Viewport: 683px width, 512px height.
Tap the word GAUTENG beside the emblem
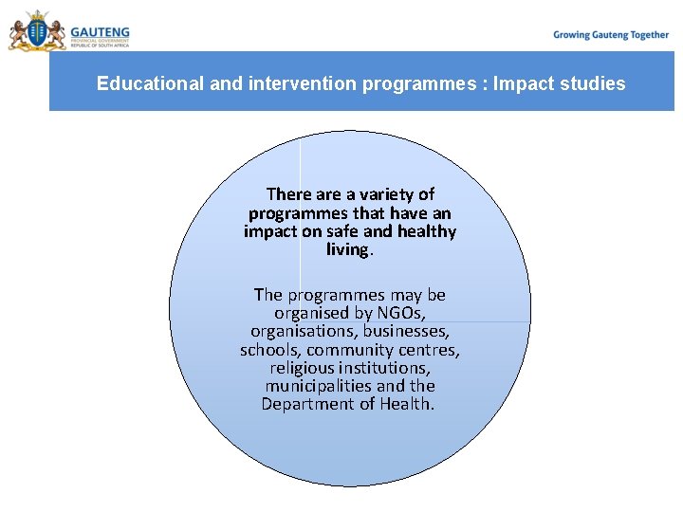point(100,29)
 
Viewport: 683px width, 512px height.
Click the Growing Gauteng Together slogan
point(611,35)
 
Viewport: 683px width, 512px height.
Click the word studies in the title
point(593,83)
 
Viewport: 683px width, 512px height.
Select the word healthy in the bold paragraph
point(423,231)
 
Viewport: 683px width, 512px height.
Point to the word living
point(348,249)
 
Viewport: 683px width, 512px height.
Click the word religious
point(300,368)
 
